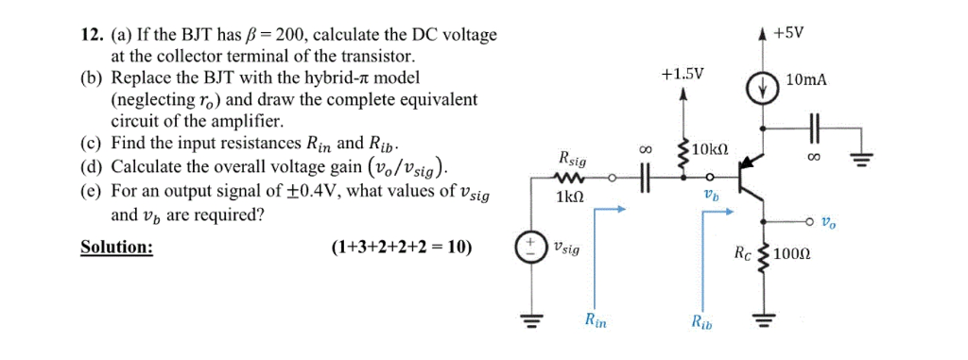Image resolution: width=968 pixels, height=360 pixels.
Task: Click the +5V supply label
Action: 788,32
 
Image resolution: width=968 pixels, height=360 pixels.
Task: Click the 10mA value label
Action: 804,81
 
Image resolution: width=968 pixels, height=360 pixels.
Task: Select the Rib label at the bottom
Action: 702,323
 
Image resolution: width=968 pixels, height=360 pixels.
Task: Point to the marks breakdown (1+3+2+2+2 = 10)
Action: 402,249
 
